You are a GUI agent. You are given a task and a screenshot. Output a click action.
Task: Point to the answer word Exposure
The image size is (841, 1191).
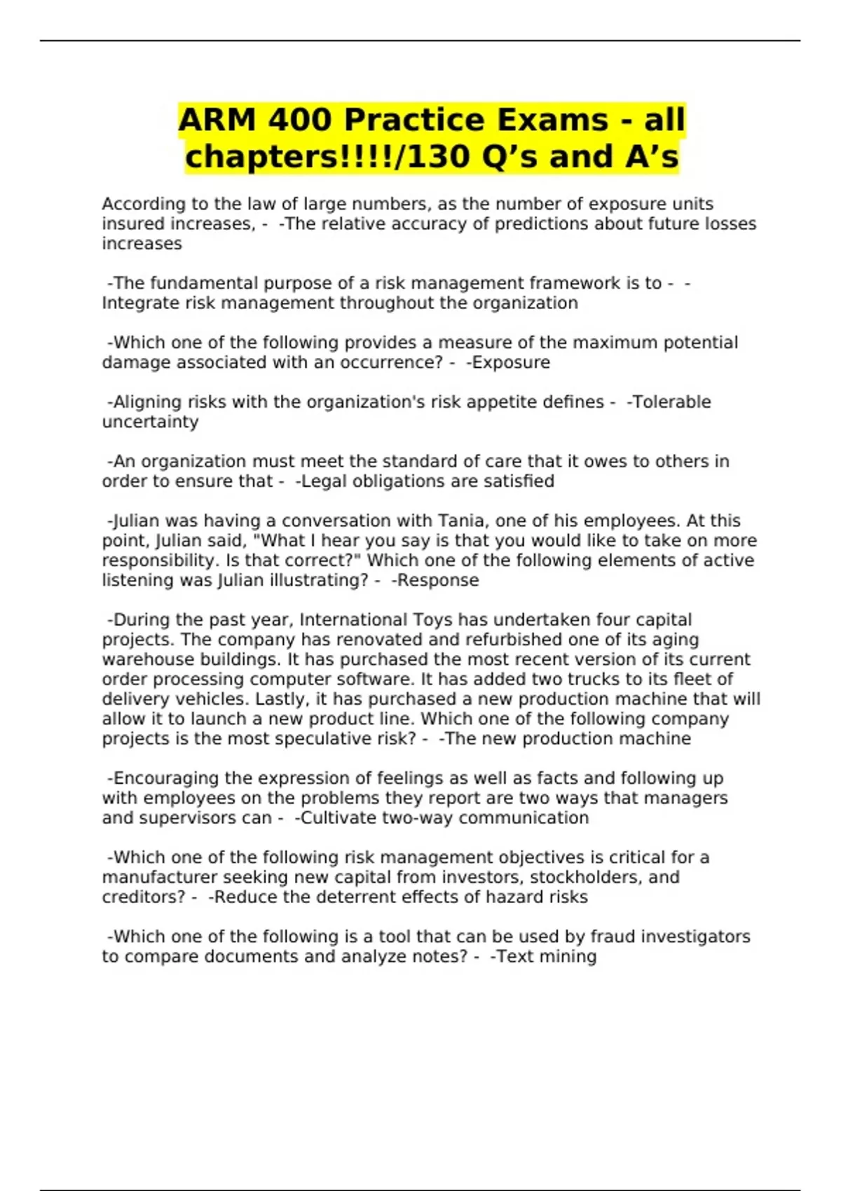[x=511, y=362]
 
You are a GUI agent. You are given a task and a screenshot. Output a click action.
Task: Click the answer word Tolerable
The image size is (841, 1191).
[x=671, y=402]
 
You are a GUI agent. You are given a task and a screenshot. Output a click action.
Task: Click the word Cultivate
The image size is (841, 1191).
[x=336, y=818]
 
